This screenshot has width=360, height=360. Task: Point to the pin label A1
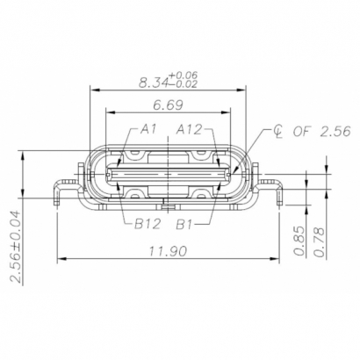[149, 129]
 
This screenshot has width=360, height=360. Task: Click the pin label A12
[190, 129]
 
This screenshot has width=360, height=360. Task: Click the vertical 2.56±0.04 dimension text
[18, 246]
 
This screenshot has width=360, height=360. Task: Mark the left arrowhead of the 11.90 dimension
[61, 260]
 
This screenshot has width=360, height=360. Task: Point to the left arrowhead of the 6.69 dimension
[109, 113]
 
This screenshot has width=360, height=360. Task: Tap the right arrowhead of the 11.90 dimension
[277, 260]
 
